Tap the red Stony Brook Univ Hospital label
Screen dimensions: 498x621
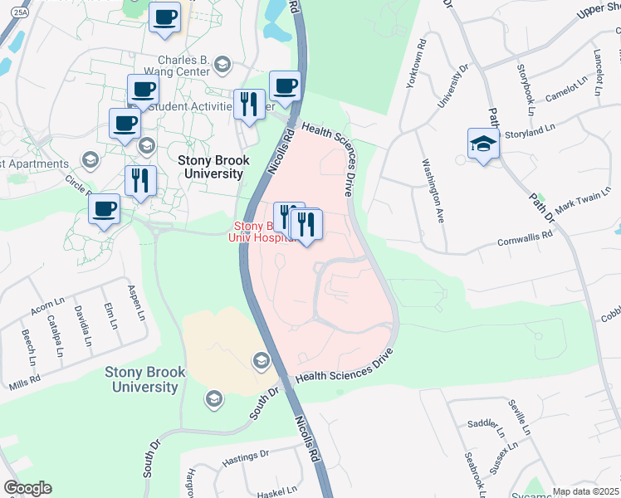[264, 232]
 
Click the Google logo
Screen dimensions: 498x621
[27, 488]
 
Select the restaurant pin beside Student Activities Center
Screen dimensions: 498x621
[247, 105]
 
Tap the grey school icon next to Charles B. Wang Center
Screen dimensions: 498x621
[222, 64]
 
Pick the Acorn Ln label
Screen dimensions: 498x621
[47, 310]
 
